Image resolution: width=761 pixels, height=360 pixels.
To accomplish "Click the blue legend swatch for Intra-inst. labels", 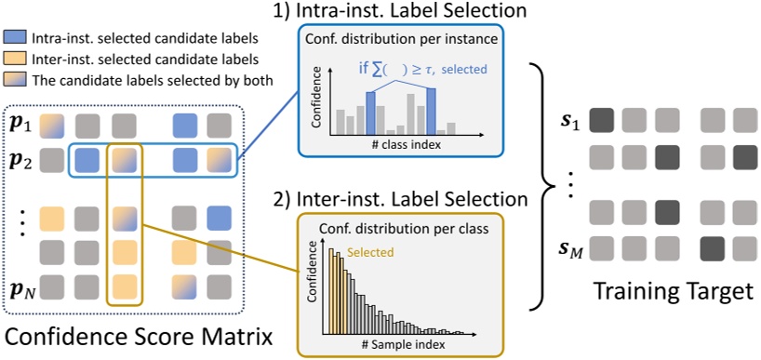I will tap(16, 39).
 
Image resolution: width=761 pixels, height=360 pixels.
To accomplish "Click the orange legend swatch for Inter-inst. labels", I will tap(16, 60).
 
